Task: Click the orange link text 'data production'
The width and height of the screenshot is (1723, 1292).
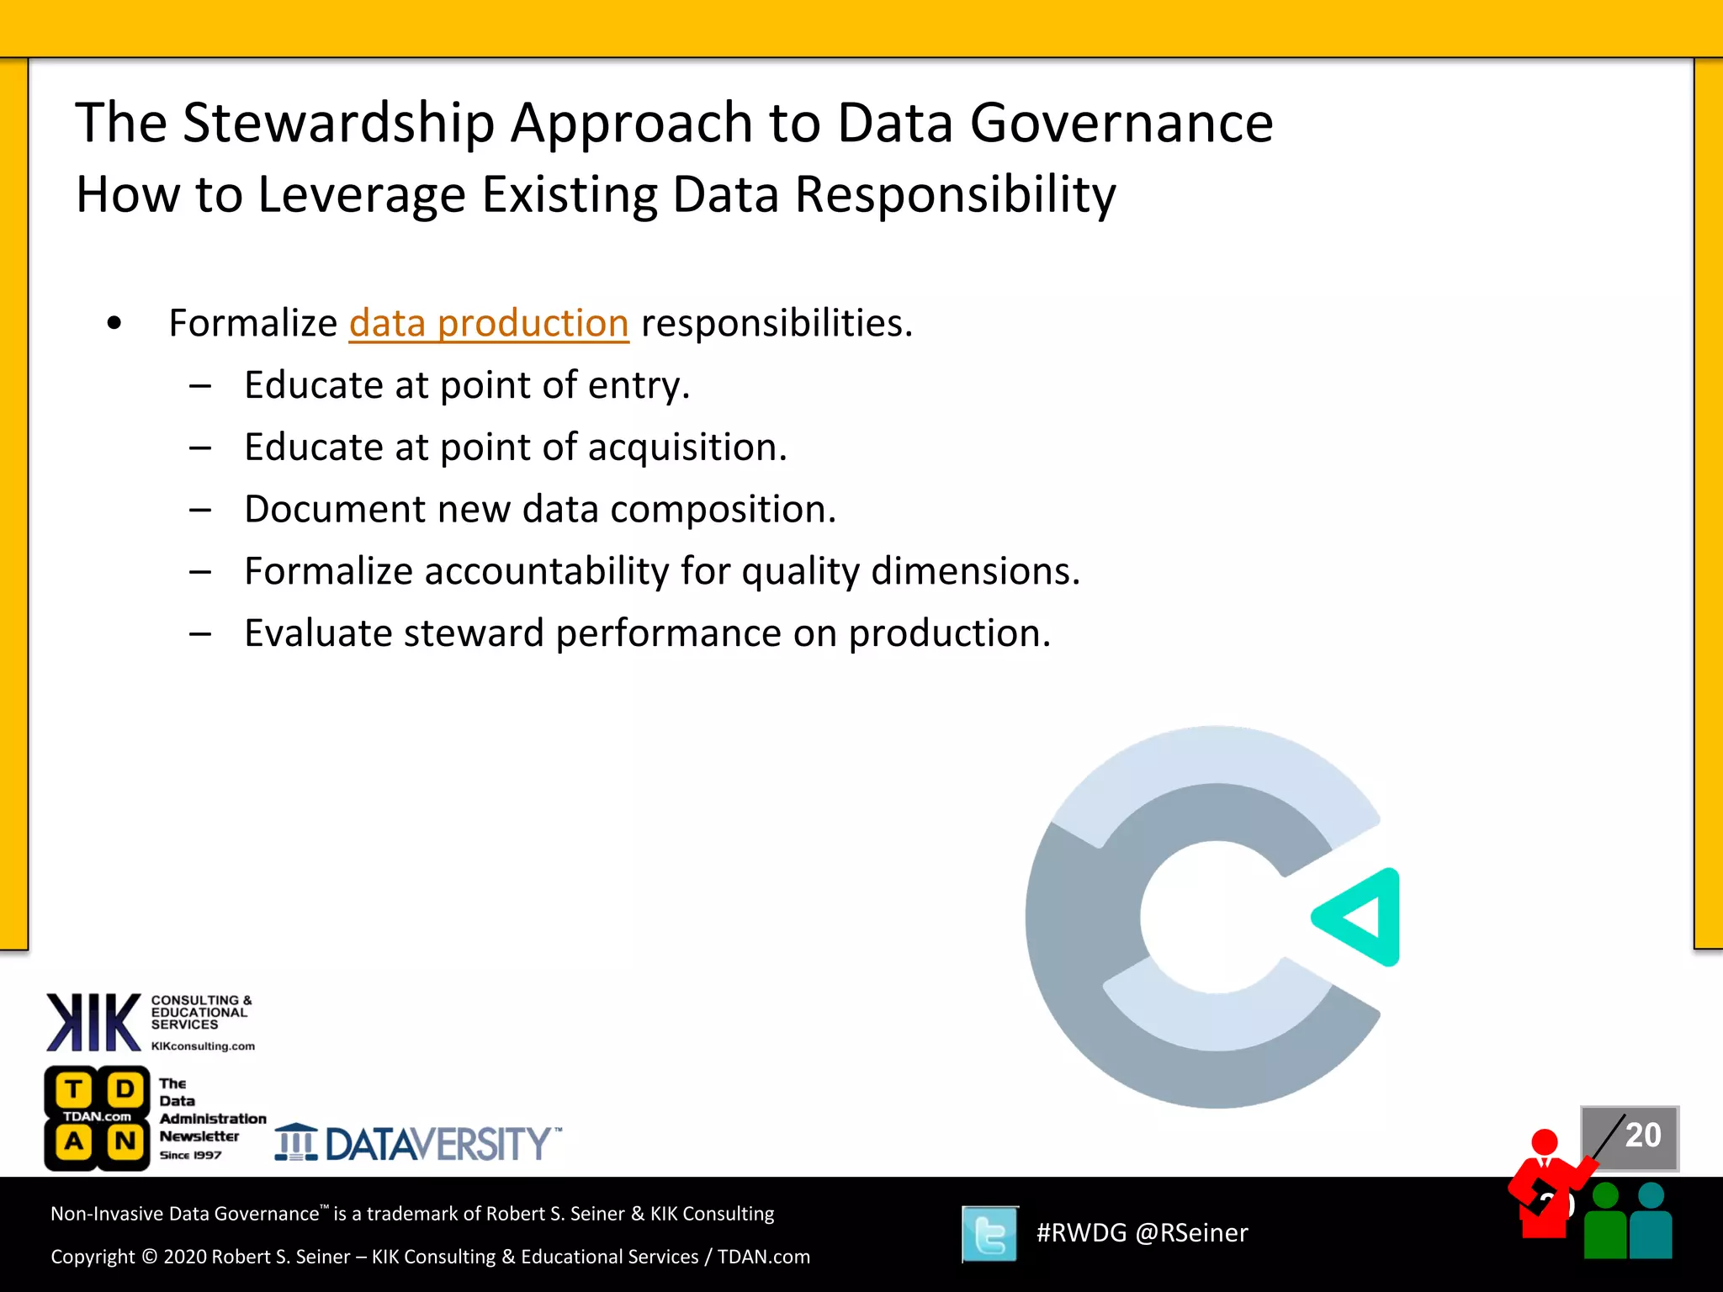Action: [x=489, y=324]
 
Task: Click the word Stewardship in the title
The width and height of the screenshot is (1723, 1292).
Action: [x=338, y=124]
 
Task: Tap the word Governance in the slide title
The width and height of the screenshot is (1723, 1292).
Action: [x=1121, y=124]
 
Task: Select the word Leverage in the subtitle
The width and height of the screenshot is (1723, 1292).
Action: [x=362, y=195]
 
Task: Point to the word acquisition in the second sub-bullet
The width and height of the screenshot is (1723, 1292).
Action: [x=687, y=447]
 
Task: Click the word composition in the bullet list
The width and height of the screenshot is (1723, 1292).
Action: [x=723, y=510]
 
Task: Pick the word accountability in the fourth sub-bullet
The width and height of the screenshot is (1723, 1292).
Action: [x=547, y=572]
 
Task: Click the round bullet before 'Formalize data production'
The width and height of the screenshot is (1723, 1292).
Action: [x=114, y=324]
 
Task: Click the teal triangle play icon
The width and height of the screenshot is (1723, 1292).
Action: [x=1361, y=917]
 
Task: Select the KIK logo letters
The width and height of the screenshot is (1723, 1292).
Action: [x=93, y=1022]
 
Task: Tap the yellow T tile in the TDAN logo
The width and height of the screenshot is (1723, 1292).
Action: [x=74, y=1090]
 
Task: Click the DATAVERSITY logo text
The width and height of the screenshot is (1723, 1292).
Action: [x=437, y=1144]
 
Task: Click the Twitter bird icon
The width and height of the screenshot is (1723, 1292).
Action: [x=990, y=1234]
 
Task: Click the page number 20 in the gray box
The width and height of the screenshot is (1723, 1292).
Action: [x=1642, y=1136]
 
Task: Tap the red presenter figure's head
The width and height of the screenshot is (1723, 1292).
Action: [x=1545, y=1142]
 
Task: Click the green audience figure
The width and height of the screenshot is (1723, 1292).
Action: [x=1605, y=1224]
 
